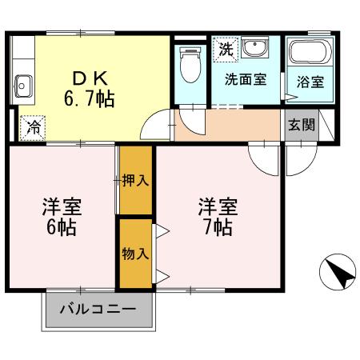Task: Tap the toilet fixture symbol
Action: [190, 66]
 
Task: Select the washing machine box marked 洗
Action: [227, 48]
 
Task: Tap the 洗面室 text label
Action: [245, 79]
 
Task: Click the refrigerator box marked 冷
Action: [33, 126]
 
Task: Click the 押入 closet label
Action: [135, 180]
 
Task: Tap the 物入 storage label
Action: [135, 254]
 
